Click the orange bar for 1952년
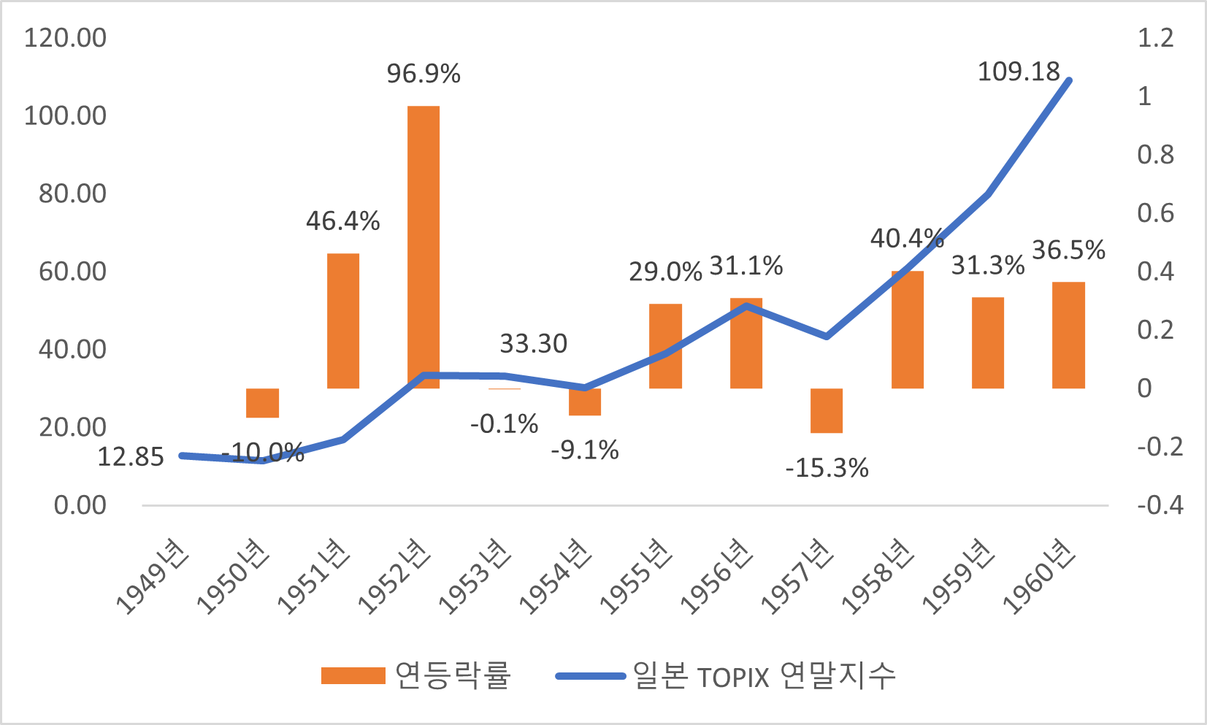(x=424, y=247)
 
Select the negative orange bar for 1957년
(x=827, y=410)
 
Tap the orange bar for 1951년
(x=343, y=321)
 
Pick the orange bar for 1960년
(x=1068, y=335)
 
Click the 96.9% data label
(x=424, y=74)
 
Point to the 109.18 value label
(x=1019, y=72)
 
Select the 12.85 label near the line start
(x=131, y=457)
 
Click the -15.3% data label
(x=827, y=468)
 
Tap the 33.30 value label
(x=533, y=344)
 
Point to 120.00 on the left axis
(x=65, y=38)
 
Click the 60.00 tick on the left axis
(x=72, y=272)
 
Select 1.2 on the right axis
(x=1155, y=38)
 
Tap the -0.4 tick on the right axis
(x=1160, y=505)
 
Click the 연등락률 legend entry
(x=416, y=675)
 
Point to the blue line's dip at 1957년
(x=827, y=337)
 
